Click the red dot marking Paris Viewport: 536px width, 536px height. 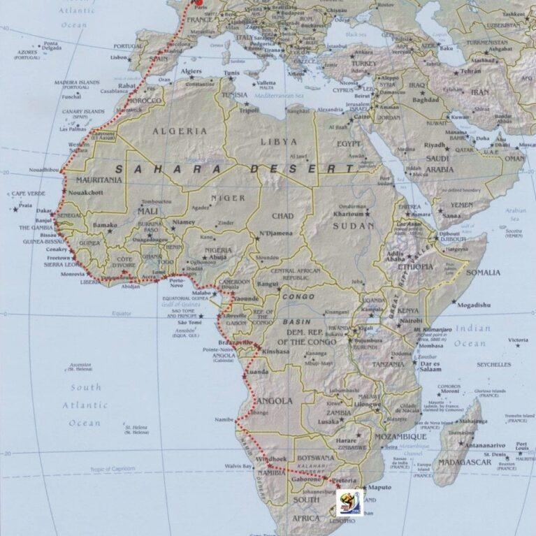pyautogui.click(x=198, y=2)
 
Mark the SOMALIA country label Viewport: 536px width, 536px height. pyautogui.click(x=483, y=273)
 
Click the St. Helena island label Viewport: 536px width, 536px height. pyautogui.click(x=137, y=428)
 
